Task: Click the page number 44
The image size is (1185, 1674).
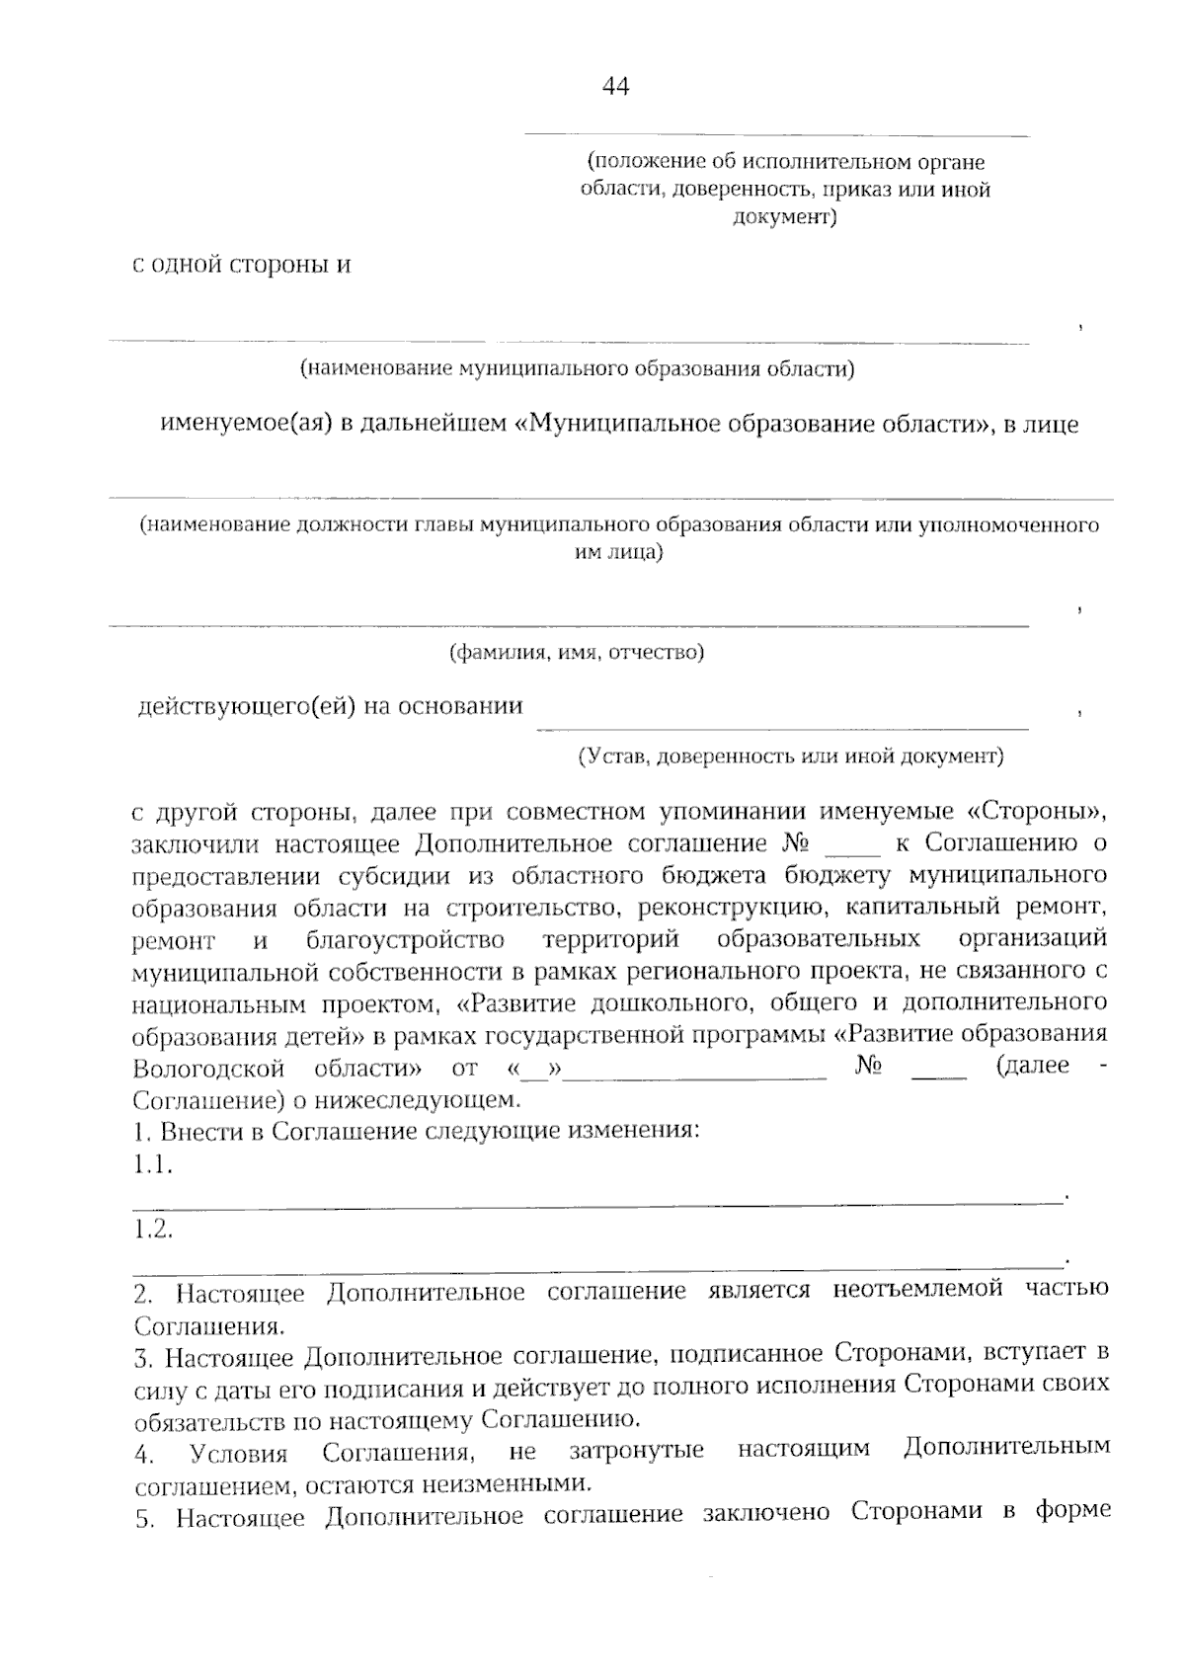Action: (x=615, y=87)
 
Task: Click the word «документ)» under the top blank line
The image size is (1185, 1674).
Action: (x=785, y=217)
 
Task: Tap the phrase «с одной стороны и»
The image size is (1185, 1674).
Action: (x=243, y=266)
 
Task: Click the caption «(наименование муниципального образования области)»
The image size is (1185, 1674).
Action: (x=577, y=369)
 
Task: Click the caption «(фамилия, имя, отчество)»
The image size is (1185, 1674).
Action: (x=577, y=653)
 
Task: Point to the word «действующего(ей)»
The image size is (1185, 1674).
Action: (x=247, y=707)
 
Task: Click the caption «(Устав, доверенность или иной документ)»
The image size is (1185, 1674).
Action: (x=790, y=757)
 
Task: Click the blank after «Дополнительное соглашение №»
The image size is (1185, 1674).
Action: (x=851, y=845)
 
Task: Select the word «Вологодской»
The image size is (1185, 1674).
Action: (x=208, y=1069)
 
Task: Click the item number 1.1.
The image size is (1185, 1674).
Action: (x=154, y=1166)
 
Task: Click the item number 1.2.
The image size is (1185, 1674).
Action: (x=154, y=1231)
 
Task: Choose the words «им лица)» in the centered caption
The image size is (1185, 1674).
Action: (x=619, y=553)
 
